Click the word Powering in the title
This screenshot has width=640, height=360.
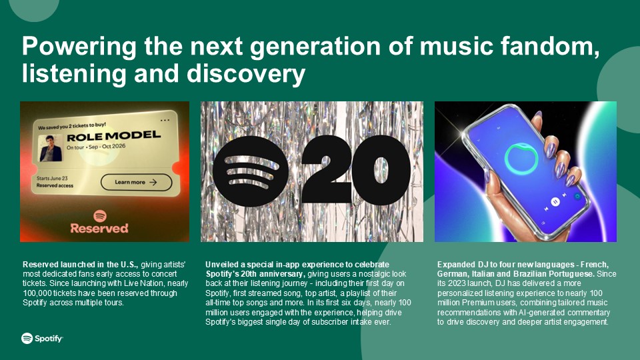[79, 47]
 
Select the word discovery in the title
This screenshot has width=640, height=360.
[246, 74]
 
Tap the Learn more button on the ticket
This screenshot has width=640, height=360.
[136, 183]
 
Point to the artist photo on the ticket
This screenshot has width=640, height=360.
[51, 148]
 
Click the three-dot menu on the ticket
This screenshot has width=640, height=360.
[165, 121]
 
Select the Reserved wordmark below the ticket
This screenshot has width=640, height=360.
[99, 228]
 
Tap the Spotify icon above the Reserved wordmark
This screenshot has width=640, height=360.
[99, 215]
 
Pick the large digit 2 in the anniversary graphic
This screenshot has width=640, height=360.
[327, 169]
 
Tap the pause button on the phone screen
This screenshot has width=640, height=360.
[555, 201]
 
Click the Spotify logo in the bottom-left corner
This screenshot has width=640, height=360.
[42, 339]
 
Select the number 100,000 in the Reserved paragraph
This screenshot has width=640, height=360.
[37, 293]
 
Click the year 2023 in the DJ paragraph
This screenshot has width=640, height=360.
[457, 283]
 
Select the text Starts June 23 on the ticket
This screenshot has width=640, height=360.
[52, 179]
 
